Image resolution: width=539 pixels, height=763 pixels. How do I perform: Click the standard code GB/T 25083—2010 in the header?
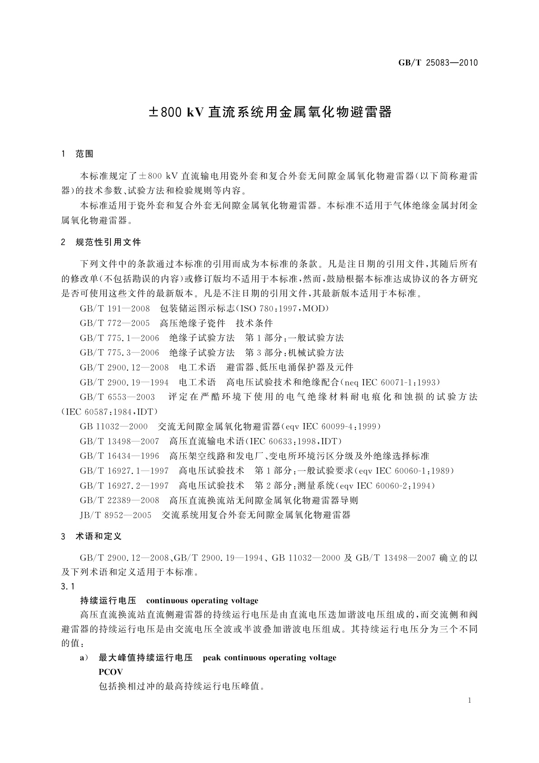pyautogui.click(x=438, y=63)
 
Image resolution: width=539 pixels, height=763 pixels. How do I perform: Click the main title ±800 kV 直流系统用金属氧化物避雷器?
pyautogui.click(x=270, y=112)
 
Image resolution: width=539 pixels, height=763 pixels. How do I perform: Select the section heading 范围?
pyautogui.click(x=85, y=154)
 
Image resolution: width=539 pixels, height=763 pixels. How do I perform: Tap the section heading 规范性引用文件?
pyautogui.click(x=108, y=242)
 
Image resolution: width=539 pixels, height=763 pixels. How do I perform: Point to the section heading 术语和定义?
pyautogui.click(x=99, y=536)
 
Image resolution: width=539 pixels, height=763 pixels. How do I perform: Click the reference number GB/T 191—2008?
pyautogui.click(x=115, y=309)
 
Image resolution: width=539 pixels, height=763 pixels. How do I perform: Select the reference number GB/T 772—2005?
pyautogui.click(x=115, y=323)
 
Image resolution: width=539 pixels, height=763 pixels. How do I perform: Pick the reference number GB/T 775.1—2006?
pyautogui.click(x=119, y=338)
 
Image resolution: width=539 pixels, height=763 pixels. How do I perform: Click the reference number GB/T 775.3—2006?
pyautogui.click(x=119, y=353)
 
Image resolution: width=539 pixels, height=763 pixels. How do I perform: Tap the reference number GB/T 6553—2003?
pyautogui.click(x=117, y=397)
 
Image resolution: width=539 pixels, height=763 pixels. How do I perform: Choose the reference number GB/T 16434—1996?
pyautogui.click(x=119, y=456)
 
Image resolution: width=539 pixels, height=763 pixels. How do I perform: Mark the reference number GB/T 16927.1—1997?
pyautogui.click(x=124, y=471)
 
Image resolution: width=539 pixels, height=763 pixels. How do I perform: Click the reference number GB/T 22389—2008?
pyautogui.click(x=119, y=500)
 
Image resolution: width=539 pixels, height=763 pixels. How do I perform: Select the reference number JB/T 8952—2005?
pyautogui.click(x=116, y=515)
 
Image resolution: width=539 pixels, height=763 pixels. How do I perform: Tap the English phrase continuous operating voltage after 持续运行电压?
pyautogui.click(x=202, y=601)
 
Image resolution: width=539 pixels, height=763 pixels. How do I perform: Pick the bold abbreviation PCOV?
pyautogui.click(x=110, y=672)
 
